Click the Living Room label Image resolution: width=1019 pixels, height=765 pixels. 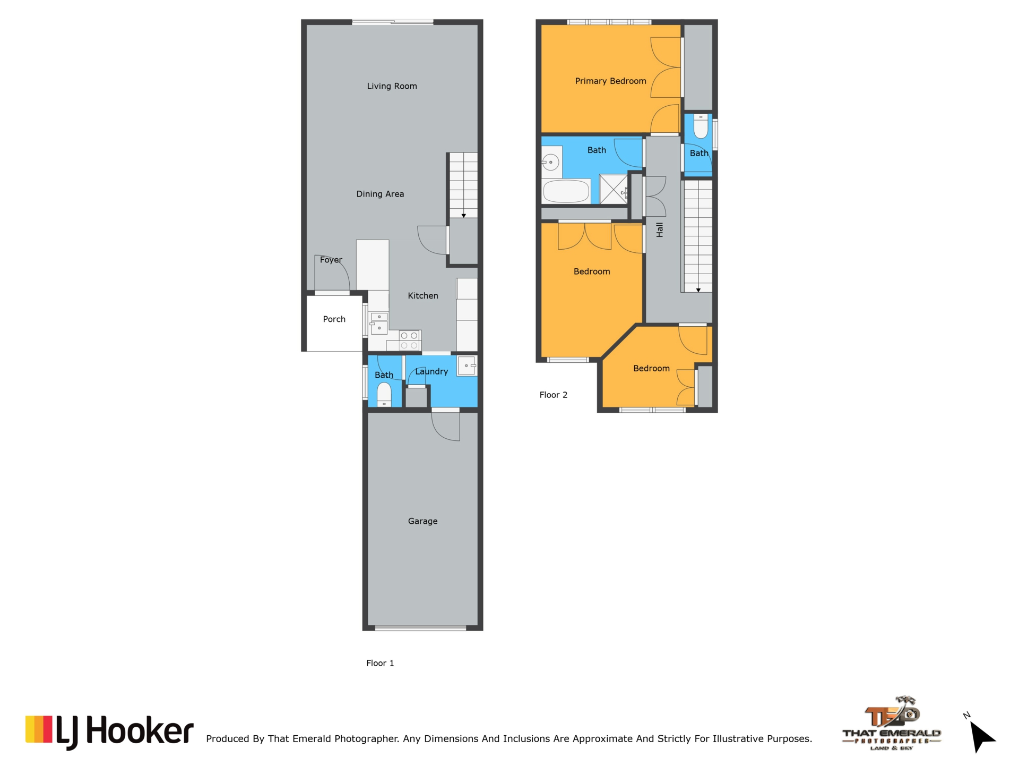pos(392,86)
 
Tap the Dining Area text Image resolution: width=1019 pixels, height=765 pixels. pos(380,194)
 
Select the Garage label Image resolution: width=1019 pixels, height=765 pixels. pos(422,521)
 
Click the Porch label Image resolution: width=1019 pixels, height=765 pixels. pos(334,319)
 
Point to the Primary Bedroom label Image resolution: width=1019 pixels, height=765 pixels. pos(610,81)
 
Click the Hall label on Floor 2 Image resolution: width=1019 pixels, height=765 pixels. pos(660,229)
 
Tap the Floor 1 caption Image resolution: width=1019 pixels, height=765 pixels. pos(380,663)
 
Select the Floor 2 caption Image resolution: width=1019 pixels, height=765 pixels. pos(553,395)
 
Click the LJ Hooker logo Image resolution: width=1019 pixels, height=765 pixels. pos(109,732)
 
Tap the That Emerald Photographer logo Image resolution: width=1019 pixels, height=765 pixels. pos(892,723)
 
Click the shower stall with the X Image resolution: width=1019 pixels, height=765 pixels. pos(613,189)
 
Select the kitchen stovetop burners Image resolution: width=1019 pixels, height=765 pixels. pos(409,341)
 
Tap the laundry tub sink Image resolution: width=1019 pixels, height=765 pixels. pos(467,366)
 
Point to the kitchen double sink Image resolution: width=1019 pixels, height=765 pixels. pos(378,323)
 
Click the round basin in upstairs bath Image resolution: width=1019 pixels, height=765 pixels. pos(551,162)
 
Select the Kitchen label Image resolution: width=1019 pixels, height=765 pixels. pos(423,296)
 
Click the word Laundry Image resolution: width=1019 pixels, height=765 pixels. pos(431,372)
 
